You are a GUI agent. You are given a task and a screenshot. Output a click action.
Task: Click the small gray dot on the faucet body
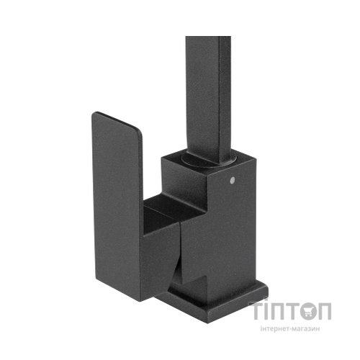coord(232,179)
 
